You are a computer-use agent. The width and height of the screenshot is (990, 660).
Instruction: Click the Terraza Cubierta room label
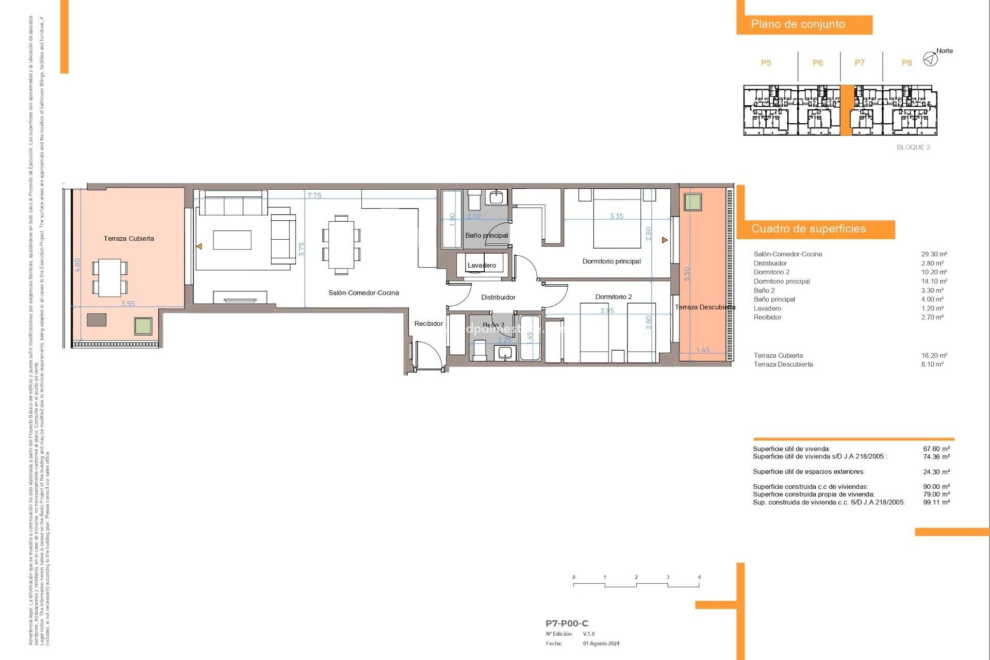point(128,238)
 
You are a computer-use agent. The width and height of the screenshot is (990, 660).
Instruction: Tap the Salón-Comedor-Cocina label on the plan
point(364,293)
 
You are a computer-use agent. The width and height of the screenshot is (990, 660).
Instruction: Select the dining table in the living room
point(341,244)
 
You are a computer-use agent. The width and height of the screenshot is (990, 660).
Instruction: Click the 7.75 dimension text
point(314,195)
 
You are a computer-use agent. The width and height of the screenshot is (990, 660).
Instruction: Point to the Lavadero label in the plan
point(482,266)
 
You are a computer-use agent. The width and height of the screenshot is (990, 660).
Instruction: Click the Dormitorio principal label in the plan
point(612,261)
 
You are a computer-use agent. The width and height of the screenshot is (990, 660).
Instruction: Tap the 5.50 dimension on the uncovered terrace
point(686,274)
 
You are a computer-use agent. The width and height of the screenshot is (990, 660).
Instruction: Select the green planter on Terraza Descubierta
point(692,202)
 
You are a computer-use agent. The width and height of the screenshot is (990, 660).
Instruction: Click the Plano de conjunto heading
point(798,24)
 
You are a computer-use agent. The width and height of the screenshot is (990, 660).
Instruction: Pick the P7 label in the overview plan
point(860,63)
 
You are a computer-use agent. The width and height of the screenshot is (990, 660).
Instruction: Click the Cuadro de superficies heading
point(808,229)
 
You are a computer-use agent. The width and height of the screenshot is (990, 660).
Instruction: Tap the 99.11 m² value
point(936,502)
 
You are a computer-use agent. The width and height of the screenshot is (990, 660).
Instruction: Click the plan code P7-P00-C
point(567,623)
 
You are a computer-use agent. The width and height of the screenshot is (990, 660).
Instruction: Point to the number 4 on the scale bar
point(699,577)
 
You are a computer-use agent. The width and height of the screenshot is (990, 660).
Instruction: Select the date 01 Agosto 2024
point(601,643)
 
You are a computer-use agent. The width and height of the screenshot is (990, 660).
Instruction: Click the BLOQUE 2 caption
point(913,147)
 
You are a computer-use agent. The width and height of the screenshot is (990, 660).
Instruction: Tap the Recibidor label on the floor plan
point(428,324)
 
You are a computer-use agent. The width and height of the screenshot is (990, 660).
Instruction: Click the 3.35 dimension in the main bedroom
point(616,216)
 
